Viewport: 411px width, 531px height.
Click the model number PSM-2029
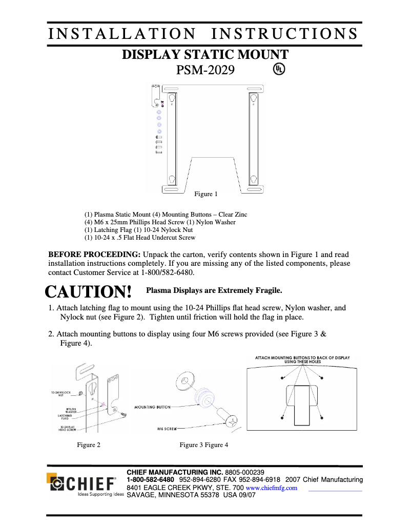tap(205, 70)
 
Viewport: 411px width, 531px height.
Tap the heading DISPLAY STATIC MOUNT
tap(205, 55)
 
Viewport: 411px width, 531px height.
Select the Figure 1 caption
tap(205, 194)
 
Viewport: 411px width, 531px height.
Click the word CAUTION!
tap(89, 292)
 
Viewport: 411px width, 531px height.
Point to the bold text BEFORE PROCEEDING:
tap(94, 254)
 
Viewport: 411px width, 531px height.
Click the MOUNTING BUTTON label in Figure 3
tap(152, 407)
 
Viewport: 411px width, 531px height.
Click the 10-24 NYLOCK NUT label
tap(60, 393)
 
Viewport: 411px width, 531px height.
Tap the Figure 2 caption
tap(89, 445)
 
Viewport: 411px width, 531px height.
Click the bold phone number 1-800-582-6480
tap(150, 480)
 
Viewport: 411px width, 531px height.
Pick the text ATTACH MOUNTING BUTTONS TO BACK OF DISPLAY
tap(302, 357)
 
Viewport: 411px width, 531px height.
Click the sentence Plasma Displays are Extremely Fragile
tap(214, 291)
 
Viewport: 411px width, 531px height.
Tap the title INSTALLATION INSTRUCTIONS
tap(203, 34)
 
